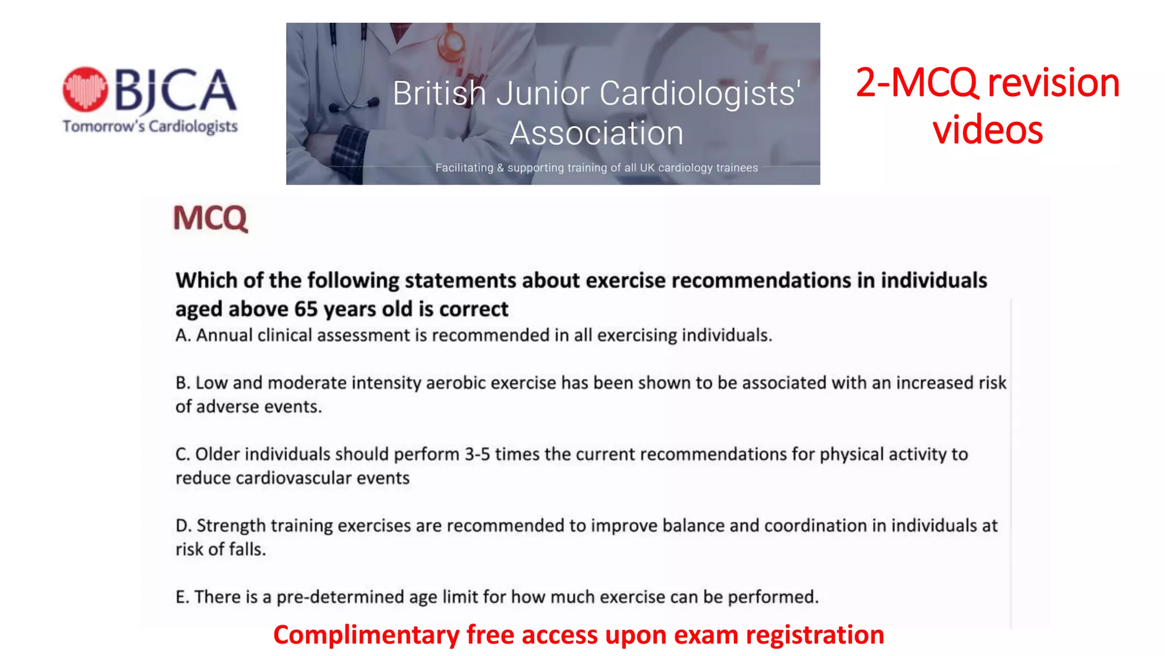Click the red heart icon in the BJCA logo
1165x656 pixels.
pos(85,89)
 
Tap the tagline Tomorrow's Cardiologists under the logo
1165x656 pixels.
pos(150,126)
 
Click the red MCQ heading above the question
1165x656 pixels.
pos(210,218)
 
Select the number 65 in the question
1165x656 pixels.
pos(305,309)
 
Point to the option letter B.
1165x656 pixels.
pos(182,383)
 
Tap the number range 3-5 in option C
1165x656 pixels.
pos(477,454)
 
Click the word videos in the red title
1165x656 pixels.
pos(988,130)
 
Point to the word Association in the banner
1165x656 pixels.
pos(596,133)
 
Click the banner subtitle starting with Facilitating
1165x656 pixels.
pos(596,168)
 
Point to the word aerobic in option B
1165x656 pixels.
pos(456,383)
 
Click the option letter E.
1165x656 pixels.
pos(181,597)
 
